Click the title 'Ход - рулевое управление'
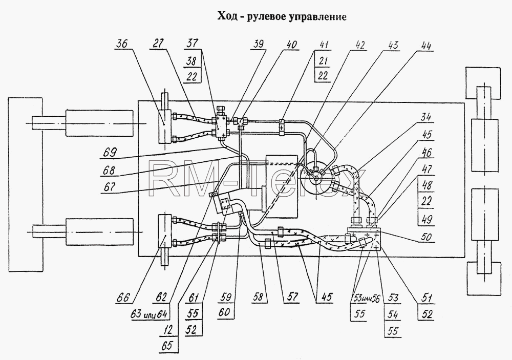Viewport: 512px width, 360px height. (x=282, y=16)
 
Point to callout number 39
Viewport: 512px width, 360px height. (x=258, y=45)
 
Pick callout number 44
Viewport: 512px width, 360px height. (x=424, y=46)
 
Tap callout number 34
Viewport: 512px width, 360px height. (x=425, y=117)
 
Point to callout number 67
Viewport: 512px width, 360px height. (x=109, y=186)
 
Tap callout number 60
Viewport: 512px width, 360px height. (x=225, y=312)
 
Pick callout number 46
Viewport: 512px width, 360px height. (x=426, y=152)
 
